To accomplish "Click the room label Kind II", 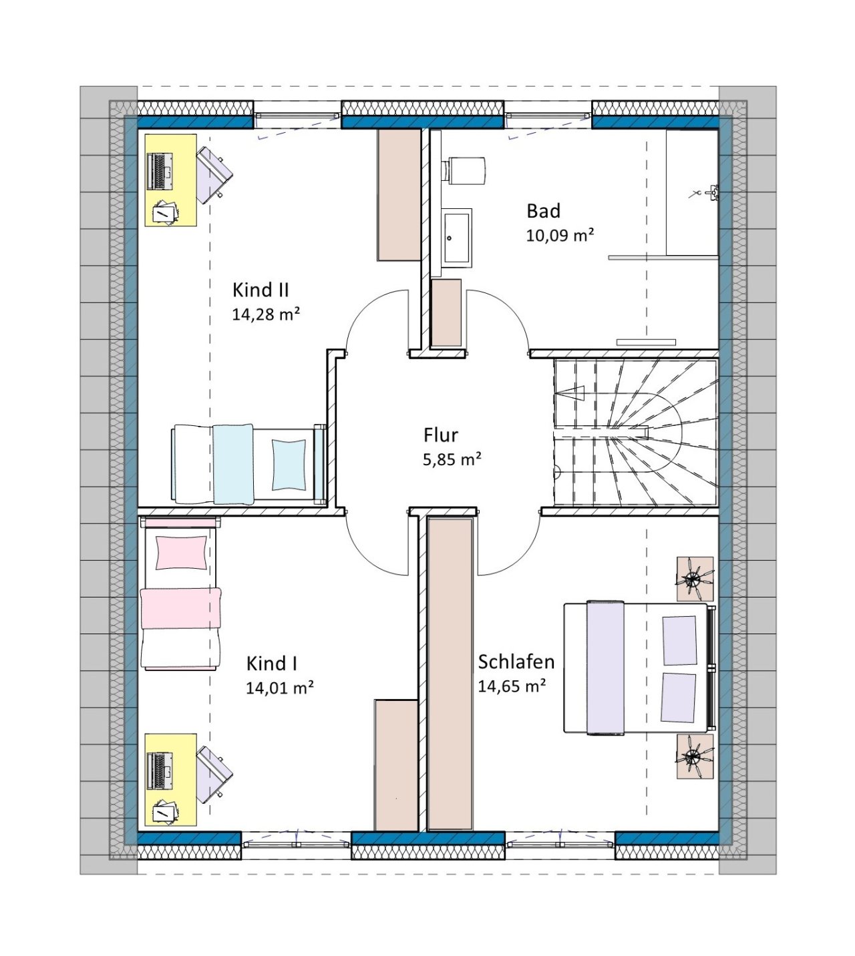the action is click(x=260, y=290).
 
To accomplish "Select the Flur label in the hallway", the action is click(x=440, y=435).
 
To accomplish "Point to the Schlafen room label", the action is click(x=516, y=662).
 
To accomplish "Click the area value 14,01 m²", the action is click(x=279, y=688).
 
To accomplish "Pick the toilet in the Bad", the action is click(x=464, y=171).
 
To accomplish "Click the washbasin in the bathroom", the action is click(x=456, y=238).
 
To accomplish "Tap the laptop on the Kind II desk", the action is click(x=160, y=172).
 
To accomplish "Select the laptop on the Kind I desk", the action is click(x=160, y=770).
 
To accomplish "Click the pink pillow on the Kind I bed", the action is click(x=181, y=553).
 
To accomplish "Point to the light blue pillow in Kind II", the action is click(x=289, y=465).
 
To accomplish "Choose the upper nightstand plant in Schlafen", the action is click(x=695, y=579).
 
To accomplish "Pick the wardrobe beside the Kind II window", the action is click(x=399, y=195).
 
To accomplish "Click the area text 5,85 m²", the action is click(x=452, y=459).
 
